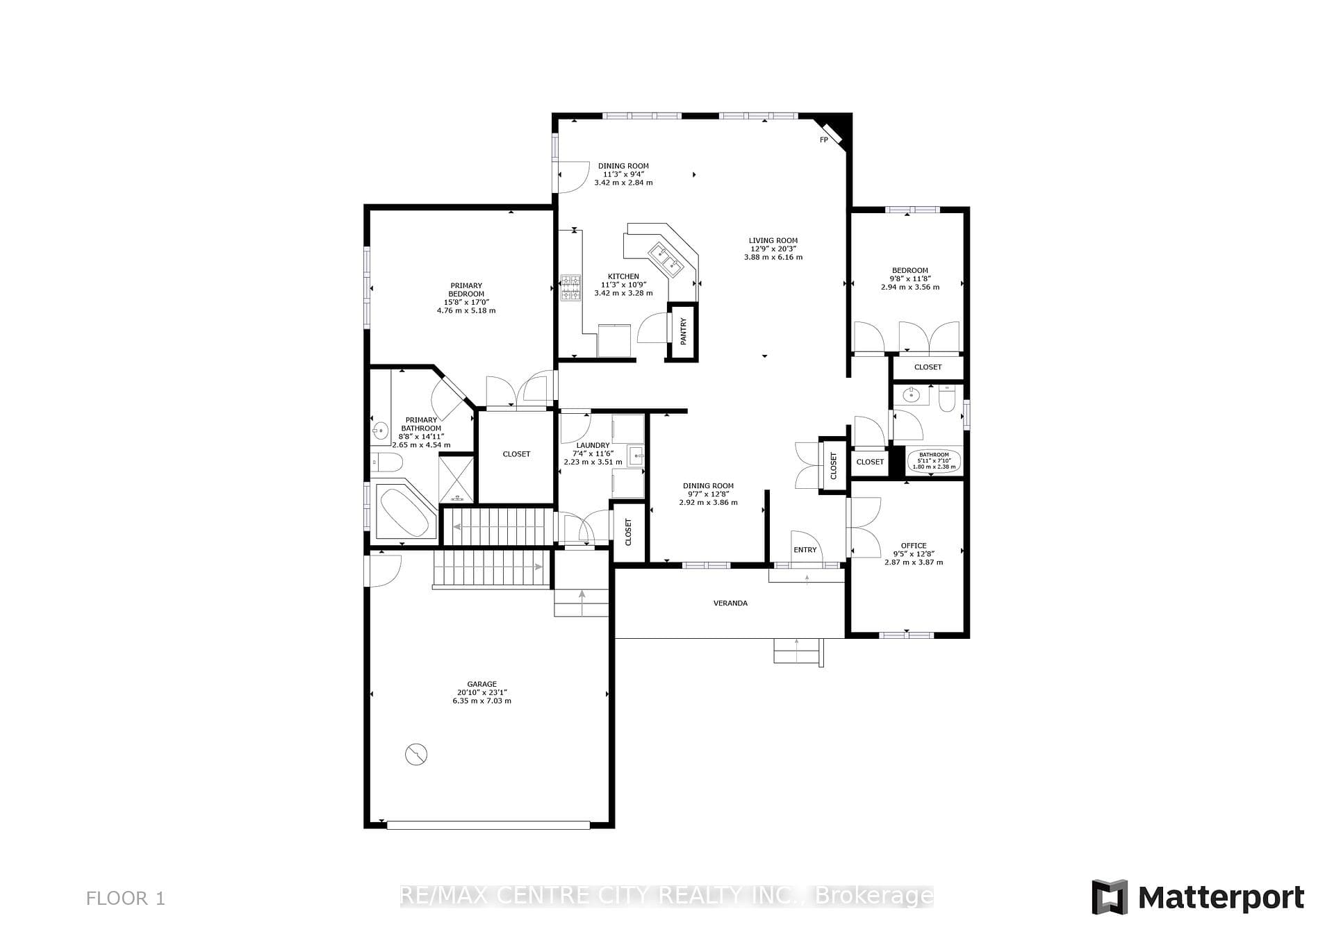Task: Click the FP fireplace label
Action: (x=824, y=140)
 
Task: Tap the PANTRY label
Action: (x=683, y=331)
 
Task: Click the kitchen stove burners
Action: (x=571, y=287)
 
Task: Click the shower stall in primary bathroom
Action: (x=457, y=478)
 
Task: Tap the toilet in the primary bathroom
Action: (x=386, y=462)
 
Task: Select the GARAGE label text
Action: (x=481, y=684)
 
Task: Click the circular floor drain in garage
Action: (x=416, y=754)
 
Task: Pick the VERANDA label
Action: (x=730, y=603)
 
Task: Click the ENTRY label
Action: (x=805, y=550)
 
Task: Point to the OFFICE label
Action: (x=914, y=546)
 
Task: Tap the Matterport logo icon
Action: (x=1110, y=897)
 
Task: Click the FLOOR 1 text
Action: (x=126, y=899)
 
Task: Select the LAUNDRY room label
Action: (x=593, y=445)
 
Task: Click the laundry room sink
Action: (x=636, y=456)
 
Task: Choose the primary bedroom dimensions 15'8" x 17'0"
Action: (x=466, y=302)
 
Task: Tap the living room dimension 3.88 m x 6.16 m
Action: (x=773, y=257)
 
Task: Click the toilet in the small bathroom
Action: (x=947, y=399)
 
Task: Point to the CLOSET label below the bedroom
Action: (x=928, y=367)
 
